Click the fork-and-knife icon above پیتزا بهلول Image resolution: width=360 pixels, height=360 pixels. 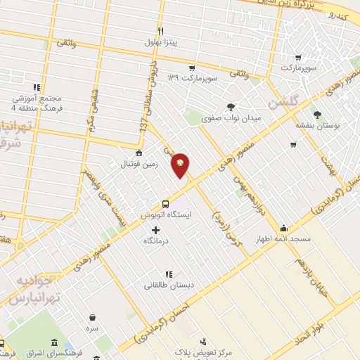(161, 32)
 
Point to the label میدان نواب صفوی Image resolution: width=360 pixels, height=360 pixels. (231, 118)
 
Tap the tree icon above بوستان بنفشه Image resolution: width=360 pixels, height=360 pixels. (319, 113)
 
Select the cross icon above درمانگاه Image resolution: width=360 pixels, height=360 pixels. (155, 230)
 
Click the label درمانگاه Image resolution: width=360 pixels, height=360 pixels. (156, 241)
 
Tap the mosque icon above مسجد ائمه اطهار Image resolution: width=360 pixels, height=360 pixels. (283, 228)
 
